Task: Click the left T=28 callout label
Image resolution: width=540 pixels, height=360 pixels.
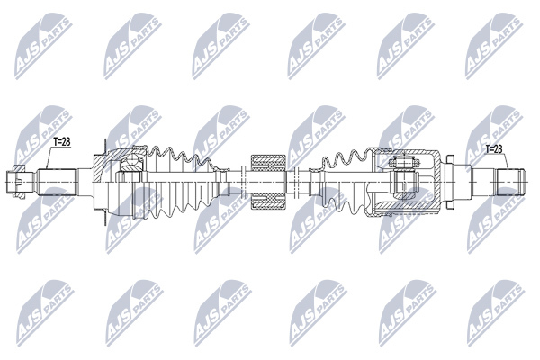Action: [61, 142]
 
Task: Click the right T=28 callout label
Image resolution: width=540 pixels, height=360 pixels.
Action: [494, 149]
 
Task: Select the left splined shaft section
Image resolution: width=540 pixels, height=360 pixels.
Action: [56, 182]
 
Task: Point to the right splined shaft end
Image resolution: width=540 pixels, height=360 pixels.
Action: [509, 182]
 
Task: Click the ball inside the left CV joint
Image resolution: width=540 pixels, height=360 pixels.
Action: [130, 160]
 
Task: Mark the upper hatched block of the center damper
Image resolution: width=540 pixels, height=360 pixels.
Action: [268, 163]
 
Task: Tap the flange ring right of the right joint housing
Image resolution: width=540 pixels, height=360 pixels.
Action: [450, 182]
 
